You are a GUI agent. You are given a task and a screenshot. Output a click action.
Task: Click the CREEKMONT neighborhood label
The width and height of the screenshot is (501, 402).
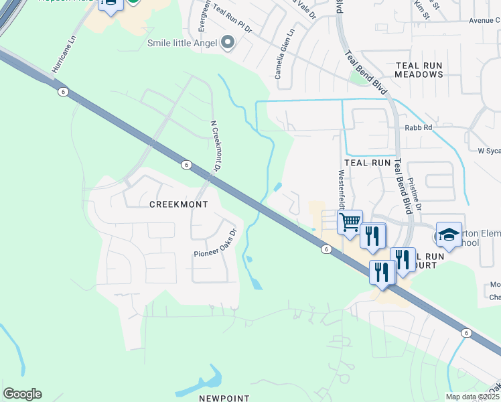pyautogui.click(x=178, y=204)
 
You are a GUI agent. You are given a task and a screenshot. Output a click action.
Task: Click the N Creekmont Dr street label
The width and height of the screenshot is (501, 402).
pyautogui.click(x=215, y=146)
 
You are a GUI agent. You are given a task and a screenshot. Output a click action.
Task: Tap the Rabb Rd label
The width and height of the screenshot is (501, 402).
pyautogui.click(x=418, y=127)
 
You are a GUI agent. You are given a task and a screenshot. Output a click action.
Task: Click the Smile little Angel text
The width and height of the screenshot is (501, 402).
pyautogui.click(x=183, y=44)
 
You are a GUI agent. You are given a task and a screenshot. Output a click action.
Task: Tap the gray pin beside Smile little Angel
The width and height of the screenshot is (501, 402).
pyautogui.click(x=228, y=44)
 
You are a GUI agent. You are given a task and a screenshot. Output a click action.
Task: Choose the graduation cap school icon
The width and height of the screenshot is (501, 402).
pyautogui.click(x=449, y=234)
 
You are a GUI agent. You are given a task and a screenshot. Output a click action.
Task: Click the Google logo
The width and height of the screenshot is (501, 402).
pyautogui.click(x=22, y=394)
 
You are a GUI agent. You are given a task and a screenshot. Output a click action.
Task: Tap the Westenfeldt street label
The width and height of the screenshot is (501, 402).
pyautogui.click(x=341, y=189)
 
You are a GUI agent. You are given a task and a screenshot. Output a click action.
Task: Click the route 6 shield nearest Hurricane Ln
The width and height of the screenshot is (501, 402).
pyautogui.click(x=61, y=93)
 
